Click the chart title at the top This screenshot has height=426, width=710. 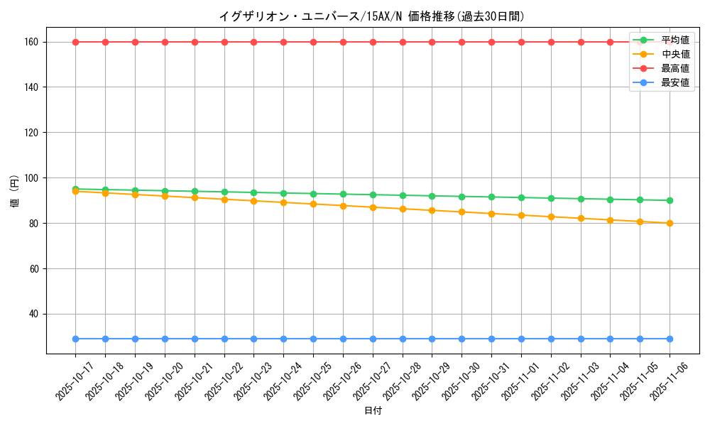(x=372, y=16)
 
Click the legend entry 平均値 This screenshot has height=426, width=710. (x=674, y=40)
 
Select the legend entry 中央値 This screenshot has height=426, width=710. (x=674, y=54)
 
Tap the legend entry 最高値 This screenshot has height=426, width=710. (x=674, y=68)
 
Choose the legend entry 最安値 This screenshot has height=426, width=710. (x=674, y=83)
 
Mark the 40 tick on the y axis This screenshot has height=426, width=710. (x=33, y=314)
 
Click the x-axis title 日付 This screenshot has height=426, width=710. (x=373, y=411)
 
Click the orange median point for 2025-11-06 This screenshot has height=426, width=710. (x=670, y=223)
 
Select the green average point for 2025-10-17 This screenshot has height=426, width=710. (x=75, y=189)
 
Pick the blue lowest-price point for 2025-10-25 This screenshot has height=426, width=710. (x=313, y=339)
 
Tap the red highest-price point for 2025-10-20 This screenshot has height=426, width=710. (x=165, y=42)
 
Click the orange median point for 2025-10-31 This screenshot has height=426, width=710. (x=491, y=214)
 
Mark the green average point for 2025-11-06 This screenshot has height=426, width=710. (x=670, y=200)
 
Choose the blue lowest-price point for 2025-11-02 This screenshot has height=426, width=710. (x=551, y=339)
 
